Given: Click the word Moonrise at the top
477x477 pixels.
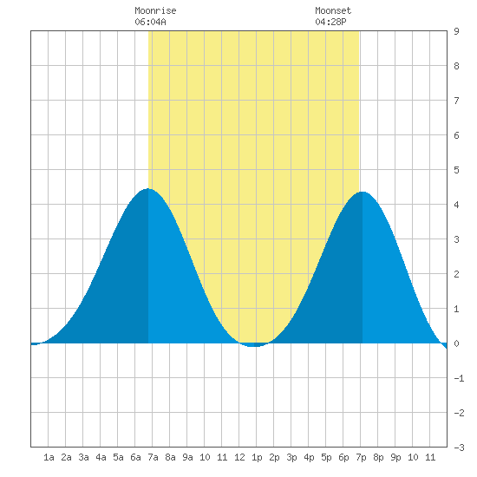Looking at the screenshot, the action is pyautogui.click(x=155, y=11).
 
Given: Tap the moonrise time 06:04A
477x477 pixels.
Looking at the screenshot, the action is pyautogui.click(x=150, y=23).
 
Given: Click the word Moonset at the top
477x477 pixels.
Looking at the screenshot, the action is pyautogui.click(x=333, y=11).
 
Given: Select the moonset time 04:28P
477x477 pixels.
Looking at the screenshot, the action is pyautogui.click(x=330, y=23).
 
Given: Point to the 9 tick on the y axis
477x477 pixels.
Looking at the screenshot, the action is pyautogui.click(x=456, y=31).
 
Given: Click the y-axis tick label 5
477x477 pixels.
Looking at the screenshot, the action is pyautogui.click(x=456, y=170).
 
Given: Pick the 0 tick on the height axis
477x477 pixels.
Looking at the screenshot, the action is pyautogui.click(x=456, y=343).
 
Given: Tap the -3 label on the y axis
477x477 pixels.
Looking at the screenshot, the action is pyautogui.click(x=459, y=448).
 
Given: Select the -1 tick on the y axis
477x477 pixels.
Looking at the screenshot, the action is pyautogui.click(x=459, y=378).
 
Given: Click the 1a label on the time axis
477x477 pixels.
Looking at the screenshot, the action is pyautogui.click(x=49, y=457).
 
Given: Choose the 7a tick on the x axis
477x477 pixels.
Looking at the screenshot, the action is pyautogui.click(x=153, y=457).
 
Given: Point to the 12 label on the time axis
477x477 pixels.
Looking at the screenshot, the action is pyautogui.click(x=239, y=457).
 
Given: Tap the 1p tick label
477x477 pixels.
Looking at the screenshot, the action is pyautogui.click(x=257, y=457).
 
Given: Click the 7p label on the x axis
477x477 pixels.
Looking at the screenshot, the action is pyautogui.click(x=361, y=457).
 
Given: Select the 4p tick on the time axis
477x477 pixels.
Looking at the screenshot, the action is pyautogui.click(x=309, y=457).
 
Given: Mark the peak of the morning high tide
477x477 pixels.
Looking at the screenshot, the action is pyautogui.click(x=147, y=188).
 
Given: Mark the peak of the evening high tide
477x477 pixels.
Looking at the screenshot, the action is pyautogui.click(x=363, y=192).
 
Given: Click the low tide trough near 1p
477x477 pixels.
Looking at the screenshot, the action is pyautogui.click(x=253, y=346).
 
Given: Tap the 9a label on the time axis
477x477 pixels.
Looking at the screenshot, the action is pyautogui.click(x=187, y=457).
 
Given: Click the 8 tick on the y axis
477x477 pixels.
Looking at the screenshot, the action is pyautogui.click(x=456, y=66).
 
